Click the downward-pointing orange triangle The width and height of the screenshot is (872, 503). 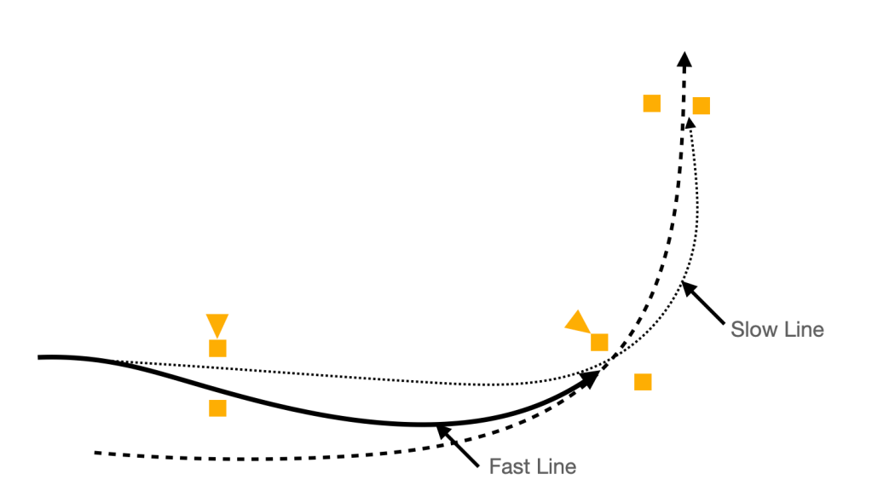point(217,324)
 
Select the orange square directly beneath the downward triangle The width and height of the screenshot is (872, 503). point(217,348)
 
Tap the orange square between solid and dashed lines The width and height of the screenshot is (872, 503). point(217,408)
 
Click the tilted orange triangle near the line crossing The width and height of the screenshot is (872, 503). point(578,322)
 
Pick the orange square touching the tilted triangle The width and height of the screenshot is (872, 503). point(599,343)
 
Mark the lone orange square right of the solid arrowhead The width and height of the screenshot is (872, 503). point(643,382)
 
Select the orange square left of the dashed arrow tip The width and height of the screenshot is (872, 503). point(651,103)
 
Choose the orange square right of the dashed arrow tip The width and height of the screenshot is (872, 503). point(702,106)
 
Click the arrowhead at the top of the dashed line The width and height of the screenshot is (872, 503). point(684,58)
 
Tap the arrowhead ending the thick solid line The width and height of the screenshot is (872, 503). point(589,379)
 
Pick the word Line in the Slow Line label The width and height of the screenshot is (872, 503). point(803,329)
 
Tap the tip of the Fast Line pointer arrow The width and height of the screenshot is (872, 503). point(438,427)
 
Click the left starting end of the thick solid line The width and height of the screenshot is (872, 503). point(39,357)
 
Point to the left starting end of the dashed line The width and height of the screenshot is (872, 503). point(96,452)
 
